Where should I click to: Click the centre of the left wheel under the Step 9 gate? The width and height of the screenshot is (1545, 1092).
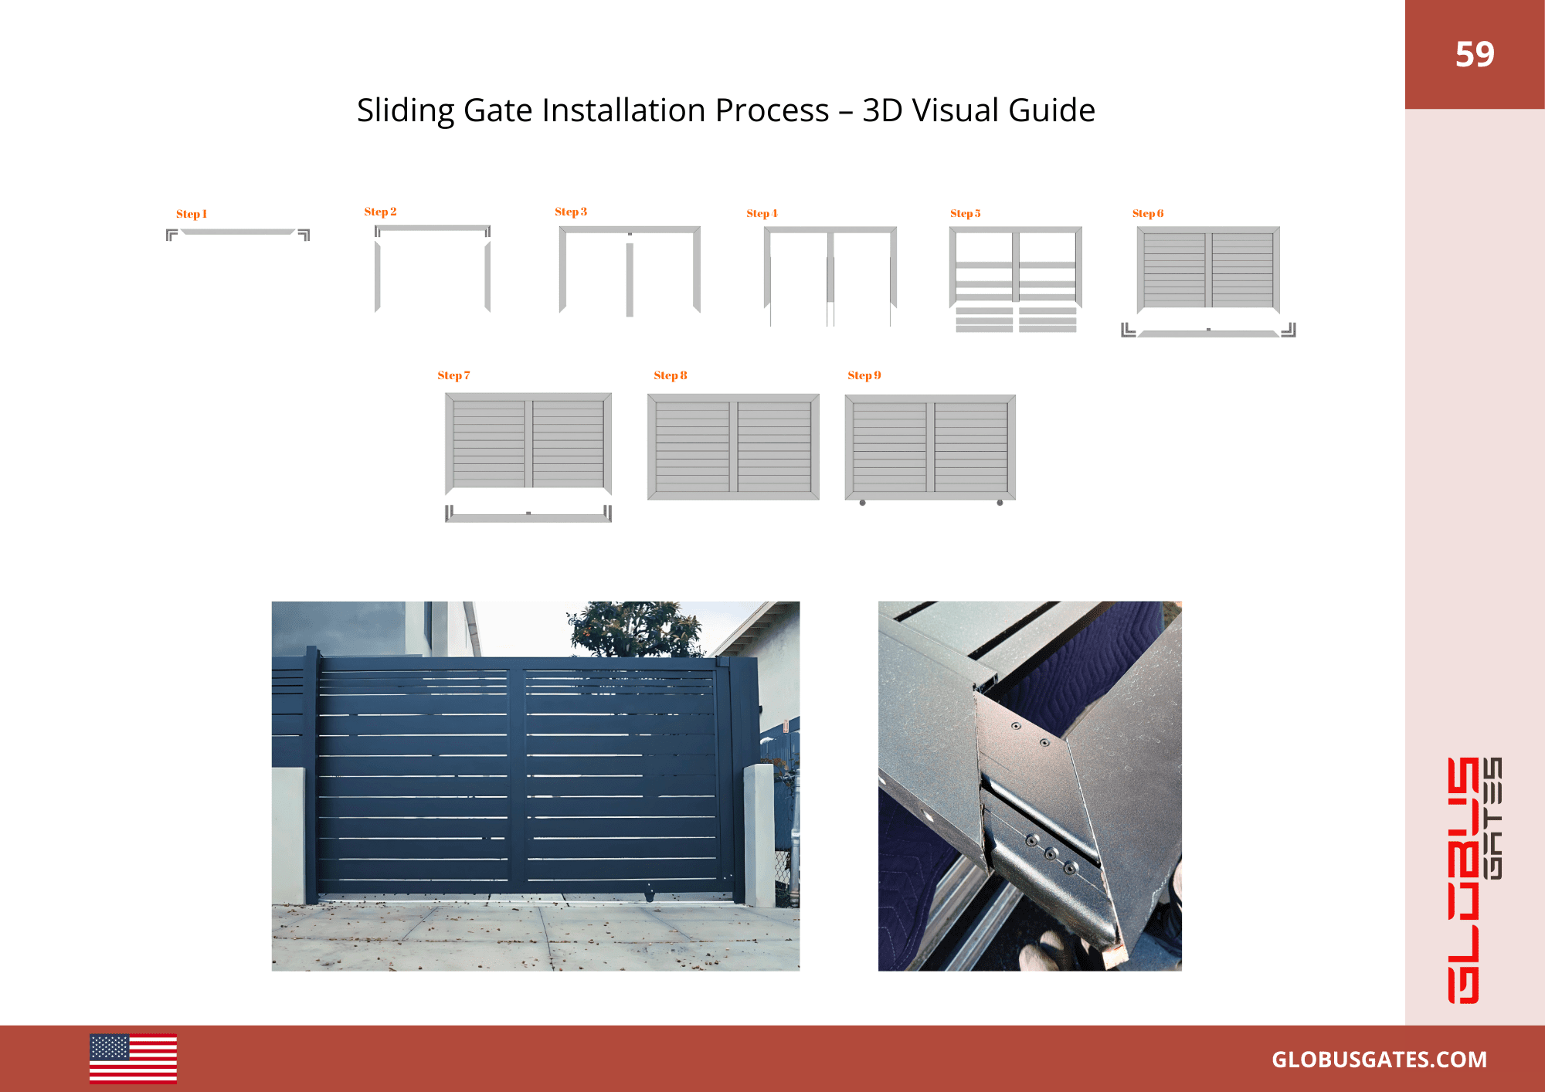tap(862, 503)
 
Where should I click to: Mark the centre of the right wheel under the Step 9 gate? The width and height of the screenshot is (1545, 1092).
tap(1000, 503)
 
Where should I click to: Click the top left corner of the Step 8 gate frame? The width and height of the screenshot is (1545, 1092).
tap(647, 395)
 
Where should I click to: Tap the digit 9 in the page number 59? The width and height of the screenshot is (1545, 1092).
tap(1485, 54)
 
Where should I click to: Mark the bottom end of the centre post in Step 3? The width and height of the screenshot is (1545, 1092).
tap(630, 317)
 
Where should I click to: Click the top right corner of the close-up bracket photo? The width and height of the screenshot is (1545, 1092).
tap(1182, 602)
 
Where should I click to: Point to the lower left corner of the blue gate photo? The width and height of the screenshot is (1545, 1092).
tap(272, 971)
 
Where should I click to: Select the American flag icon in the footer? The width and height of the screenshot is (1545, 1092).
tap(133, 1059)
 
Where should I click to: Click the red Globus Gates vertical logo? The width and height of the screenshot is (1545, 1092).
tap(1474, 880)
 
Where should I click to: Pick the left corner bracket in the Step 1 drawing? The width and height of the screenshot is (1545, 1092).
tap(171, 235)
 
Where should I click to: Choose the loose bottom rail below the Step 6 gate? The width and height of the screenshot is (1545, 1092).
tap(1208, 334)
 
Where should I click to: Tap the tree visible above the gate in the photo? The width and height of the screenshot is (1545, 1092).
tap(635, 629)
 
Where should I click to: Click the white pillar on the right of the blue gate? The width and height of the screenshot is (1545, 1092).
tap(759, 834)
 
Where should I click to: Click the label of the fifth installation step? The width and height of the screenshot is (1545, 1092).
tap(966, 213)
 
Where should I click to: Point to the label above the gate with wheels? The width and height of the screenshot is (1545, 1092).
tap(864, 375)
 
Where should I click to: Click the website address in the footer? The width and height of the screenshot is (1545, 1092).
tap(1379, 1060)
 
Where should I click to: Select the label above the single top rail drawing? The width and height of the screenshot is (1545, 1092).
tap(192, 214)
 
